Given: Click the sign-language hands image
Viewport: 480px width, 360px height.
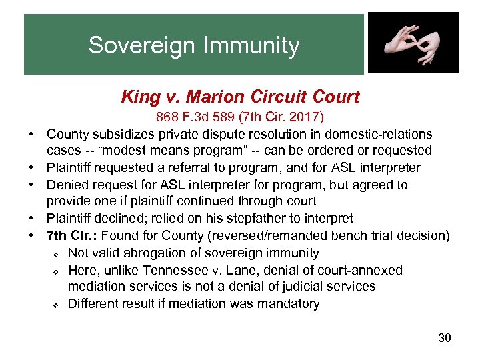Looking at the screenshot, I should [x=413, y=43].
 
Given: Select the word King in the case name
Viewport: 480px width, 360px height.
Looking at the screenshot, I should [x=136, y=97].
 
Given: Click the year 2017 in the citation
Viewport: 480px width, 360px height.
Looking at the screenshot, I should [x=306, y=118].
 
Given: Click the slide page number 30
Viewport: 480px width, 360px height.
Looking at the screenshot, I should [x=444, y=338].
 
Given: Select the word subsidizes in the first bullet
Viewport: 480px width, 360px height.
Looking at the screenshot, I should [x=119, y=135].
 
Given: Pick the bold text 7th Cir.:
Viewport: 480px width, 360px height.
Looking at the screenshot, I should [x=72, y=235].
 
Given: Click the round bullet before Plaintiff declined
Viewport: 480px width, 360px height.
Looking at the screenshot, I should [x=32, y=219].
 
